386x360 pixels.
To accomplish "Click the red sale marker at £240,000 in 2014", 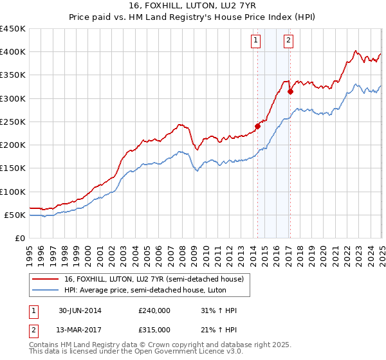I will (x=258, y=126).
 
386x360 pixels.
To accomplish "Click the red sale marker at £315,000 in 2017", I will (x=290, y=91).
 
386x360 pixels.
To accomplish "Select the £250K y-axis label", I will (x=13, y=122).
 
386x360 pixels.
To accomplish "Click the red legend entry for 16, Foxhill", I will (x=153, y=279).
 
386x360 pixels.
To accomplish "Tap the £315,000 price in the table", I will (x=154, y=330).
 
